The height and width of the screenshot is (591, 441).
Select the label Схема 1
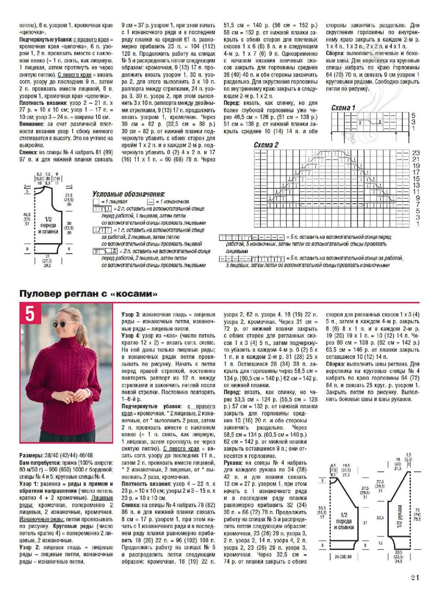[343, 108]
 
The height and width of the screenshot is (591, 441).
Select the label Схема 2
[266, 145]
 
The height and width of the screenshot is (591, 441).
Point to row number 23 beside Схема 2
[415, 153]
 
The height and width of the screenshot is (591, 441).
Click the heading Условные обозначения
[128, 194]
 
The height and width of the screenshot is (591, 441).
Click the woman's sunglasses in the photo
[60, 324]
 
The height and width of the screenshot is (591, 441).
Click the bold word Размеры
[30, 455]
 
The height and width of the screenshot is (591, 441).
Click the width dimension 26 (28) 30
[343, 557]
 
